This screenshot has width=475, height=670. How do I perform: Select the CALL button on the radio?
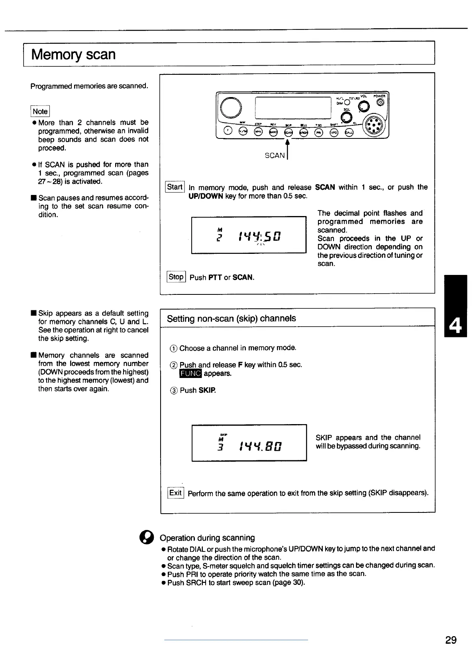(x=349, y=132)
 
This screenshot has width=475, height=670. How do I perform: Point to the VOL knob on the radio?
(x=363, y=106)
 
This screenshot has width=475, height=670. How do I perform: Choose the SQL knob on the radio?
(x=347, y=117)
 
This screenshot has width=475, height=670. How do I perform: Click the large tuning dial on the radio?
(x=231, y=107)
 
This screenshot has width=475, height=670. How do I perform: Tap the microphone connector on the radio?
(x=375, y=125)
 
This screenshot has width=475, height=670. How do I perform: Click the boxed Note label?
(x=40, y=111)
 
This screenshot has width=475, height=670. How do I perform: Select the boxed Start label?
(x=175, y=187)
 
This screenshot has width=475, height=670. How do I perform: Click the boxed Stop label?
(x=176, y=277)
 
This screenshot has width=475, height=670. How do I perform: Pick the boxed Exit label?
(x=175, y=493)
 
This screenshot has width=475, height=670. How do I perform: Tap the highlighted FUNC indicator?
(x=191, y=374)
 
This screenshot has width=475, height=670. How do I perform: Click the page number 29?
(x=451, y=640)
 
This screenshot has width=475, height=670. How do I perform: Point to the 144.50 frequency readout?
(x=259, y=237)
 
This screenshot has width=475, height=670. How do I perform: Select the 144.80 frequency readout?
(x=261, y=446)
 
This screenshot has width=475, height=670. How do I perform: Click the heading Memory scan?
(x=73, y=54)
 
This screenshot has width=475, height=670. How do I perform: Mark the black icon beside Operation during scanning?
(x=146, y=538)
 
